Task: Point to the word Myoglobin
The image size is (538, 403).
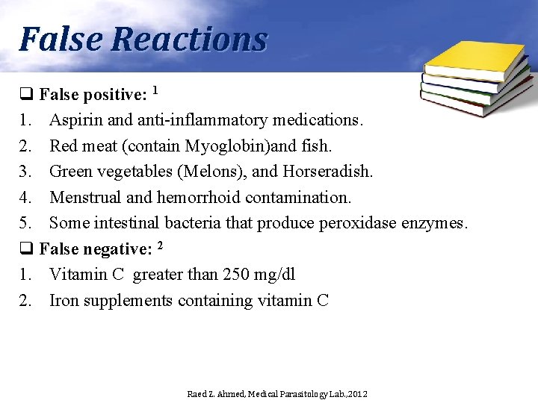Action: pos(226,146)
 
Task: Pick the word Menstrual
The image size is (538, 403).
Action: pos(82,198)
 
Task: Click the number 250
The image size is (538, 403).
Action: pos(236,275)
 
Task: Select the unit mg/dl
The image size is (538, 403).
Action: pos(276,275)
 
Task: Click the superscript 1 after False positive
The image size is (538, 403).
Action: pos(155,91)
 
